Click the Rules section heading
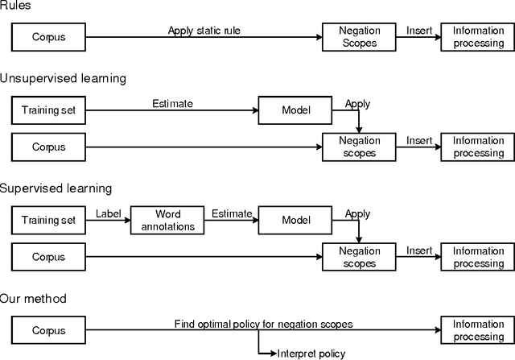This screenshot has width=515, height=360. (17, 7)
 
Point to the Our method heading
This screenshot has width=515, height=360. (33, 299)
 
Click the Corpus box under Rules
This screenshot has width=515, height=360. (48, 37)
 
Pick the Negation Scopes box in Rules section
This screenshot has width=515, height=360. (360, 37)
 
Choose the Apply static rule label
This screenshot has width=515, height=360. (204, 31)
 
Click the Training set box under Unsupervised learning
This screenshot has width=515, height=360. (48, 110)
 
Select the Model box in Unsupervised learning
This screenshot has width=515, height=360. (295, 110)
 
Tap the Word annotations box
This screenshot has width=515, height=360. (168, 220)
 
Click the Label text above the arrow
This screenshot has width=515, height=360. (107, 213)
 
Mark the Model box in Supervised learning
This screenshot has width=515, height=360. (295, 220)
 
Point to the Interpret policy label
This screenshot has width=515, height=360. (311, 353)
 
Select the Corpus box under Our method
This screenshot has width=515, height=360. (48, 329)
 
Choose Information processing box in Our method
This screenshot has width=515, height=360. (478, 329)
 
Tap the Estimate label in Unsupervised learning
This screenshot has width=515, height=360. (171, 104)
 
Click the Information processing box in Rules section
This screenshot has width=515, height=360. (478, 37)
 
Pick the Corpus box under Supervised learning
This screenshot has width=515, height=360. (48, 257)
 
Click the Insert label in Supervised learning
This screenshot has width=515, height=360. (419, 250)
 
